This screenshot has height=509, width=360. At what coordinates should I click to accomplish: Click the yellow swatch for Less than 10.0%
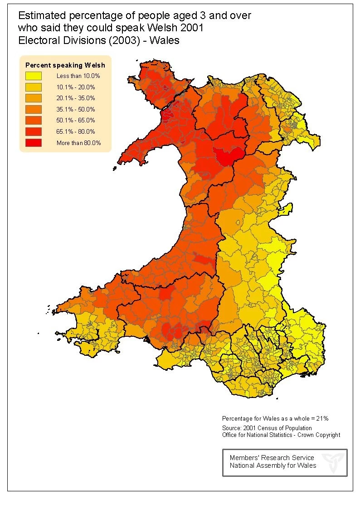tap(33, 76)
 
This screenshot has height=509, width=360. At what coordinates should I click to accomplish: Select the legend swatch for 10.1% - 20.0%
tap(33, 87)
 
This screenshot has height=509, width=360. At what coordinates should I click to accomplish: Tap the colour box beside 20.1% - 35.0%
tap(33, 98)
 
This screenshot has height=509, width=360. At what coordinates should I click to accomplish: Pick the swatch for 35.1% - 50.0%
tap(33, 109)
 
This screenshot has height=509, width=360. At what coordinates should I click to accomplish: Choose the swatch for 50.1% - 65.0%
tap(33, 120)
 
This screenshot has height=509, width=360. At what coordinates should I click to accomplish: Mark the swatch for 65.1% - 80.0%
tap(33, 131)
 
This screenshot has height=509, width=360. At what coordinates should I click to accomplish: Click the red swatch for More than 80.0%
tap(33, 142)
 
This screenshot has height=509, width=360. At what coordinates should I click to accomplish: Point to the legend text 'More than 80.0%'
tap(78, 143)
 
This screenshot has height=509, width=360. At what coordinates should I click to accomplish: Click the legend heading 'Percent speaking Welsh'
tap(65, 65)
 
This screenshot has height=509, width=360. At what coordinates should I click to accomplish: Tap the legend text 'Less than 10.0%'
tap(78, 76)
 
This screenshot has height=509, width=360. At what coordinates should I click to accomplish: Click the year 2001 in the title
tap(193, 28)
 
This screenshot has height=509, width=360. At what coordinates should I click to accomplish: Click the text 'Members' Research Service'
tap(272, 458)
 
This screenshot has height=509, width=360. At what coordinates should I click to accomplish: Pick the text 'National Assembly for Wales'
tap(273, 465)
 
